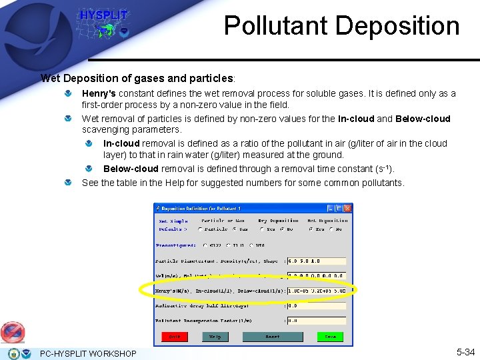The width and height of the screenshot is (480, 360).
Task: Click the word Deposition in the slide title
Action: (x=398, y=25)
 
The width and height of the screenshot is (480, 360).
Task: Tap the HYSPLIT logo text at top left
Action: (x=103, y=15)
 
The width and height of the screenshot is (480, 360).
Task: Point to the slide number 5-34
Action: (x=465, y=352)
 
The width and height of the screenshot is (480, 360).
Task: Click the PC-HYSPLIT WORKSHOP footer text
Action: (x=88, y=353)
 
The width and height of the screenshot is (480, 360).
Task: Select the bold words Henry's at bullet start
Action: (x=99, y=94)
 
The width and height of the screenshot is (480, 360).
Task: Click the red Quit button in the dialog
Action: (x=175, y=337)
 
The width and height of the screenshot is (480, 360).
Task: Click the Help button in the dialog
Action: (x=215, y=337)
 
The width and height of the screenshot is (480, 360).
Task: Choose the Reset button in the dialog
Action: (x=272, y=337)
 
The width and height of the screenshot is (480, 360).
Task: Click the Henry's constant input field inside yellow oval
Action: (x=316, y=291)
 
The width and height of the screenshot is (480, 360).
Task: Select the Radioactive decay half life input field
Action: (x=316, y=306)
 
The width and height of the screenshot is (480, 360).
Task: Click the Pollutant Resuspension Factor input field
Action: (x=316, y=321)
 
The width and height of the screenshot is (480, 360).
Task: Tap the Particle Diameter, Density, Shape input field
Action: (x=316, y=261)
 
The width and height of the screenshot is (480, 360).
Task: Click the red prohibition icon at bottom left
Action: (x=12, y=332)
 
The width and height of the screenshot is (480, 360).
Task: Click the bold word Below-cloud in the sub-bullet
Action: (x=131, y=169)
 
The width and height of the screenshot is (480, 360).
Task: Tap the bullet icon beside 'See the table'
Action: (x=69, y=183)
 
